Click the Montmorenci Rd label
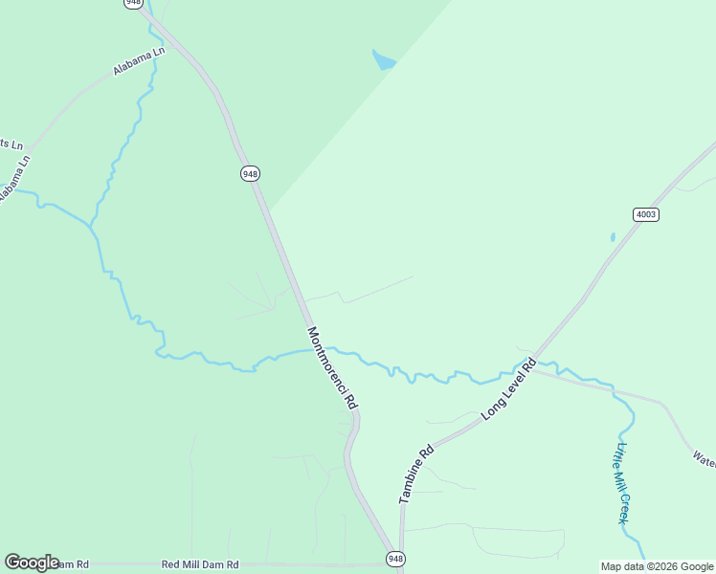coord(332,369)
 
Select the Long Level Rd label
coord(508,388)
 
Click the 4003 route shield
coord(646,214)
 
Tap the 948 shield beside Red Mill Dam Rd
coord(394,558)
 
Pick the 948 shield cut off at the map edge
coord(133,4)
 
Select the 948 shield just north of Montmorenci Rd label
coord(249,173)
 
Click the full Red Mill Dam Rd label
coord(200,565)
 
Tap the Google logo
coord(32,563)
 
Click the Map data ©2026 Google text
coord(658,566)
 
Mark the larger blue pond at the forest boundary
coord(384,61)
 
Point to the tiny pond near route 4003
coord(613,236)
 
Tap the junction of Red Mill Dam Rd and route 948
coord(393,564)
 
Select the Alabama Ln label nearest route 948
coord(139,62)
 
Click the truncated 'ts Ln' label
coord(11,143)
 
